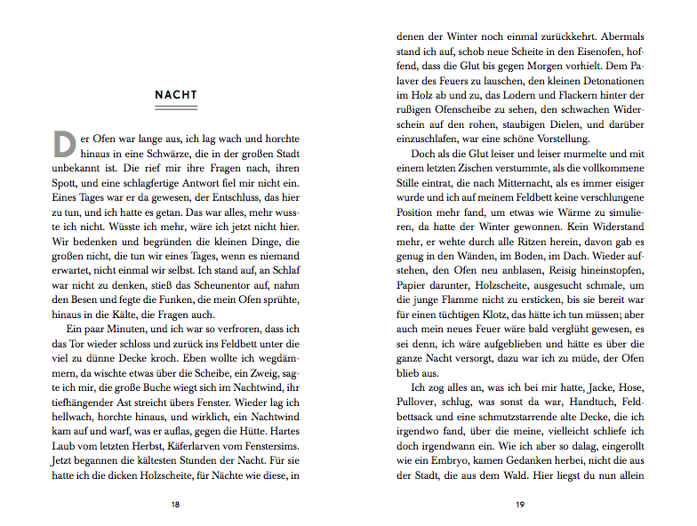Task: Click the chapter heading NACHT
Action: point(176,95)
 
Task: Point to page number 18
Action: point(176,504)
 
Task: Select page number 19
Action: point(520,504)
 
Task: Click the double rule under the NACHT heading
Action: point(176,108)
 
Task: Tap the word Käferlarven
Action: point(188,442)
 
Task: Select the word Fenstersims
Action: point(268,442)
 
